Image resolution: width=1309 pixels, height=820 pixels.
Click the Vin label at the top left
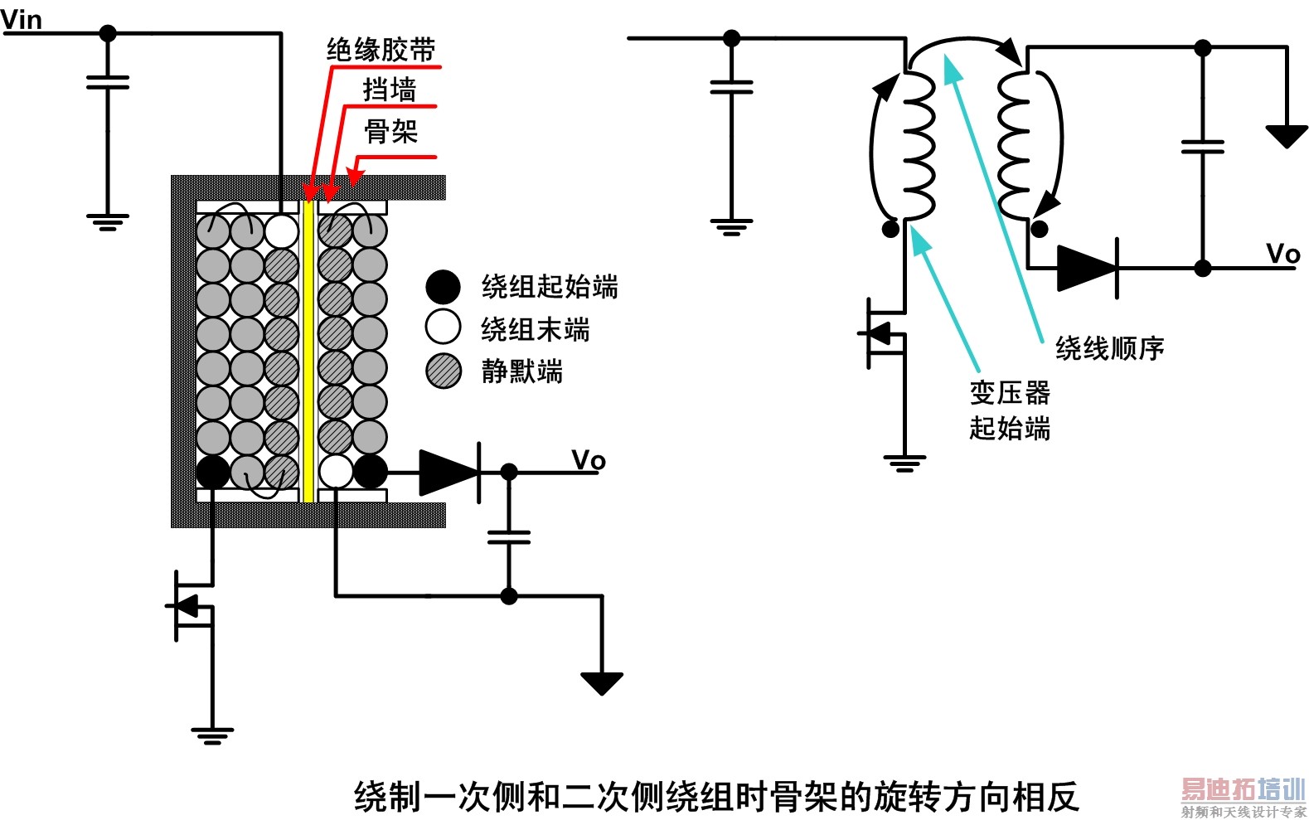pyautogui.click(x=22, y=19)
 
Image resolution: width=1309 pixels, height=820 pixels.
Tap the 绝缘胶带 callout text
pyautogui.click(x=381, y=50)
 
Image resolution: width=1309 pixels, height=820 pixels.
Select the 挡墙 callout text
pyautogui.click(x=389, y=90)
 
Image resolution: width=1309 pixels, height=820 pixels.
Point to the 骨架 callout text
pyautogui.click(x=390, y=131)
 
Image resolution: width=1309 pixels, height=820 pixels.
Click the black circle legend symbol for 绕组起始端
pyautogui.click(x=443, y=287)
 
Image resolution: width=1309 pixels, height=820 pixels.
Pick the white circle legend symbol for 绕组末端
pyautogui.click(x=443, y=328)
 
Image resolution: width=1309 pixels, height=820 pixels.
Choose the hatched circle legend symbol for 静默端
pyautogui.click(x=444, y=371)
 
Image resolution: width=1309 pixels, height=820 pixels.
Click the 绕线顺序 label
pyautogui.click(x=1109, y=348)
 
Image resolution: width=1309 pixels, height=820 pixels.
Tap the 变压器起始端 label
pyautogui.click(x=1010, y=410)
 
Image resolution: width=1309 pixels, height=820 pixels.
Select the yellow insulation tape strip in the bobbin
pyautogui.click(x=308, y=348)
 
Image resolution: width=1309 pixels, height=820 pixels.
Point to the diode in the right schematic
pyautogui.click(x=1088, y=268)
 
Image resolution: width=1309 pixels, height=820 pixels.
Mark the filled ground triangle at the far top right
pyautogui.click(x=1286, y=136)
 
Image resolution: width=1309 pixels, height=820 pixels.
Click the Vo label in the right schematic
pyautogui.click(x=1283, y=254)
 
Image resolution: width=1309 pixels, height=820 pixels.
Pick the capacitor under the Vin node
pyautogui.click(x=108, y=82)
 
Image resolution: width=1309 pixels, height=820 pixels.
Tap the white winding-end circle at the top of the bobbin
pyautogui.click(x=281, y=231)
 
